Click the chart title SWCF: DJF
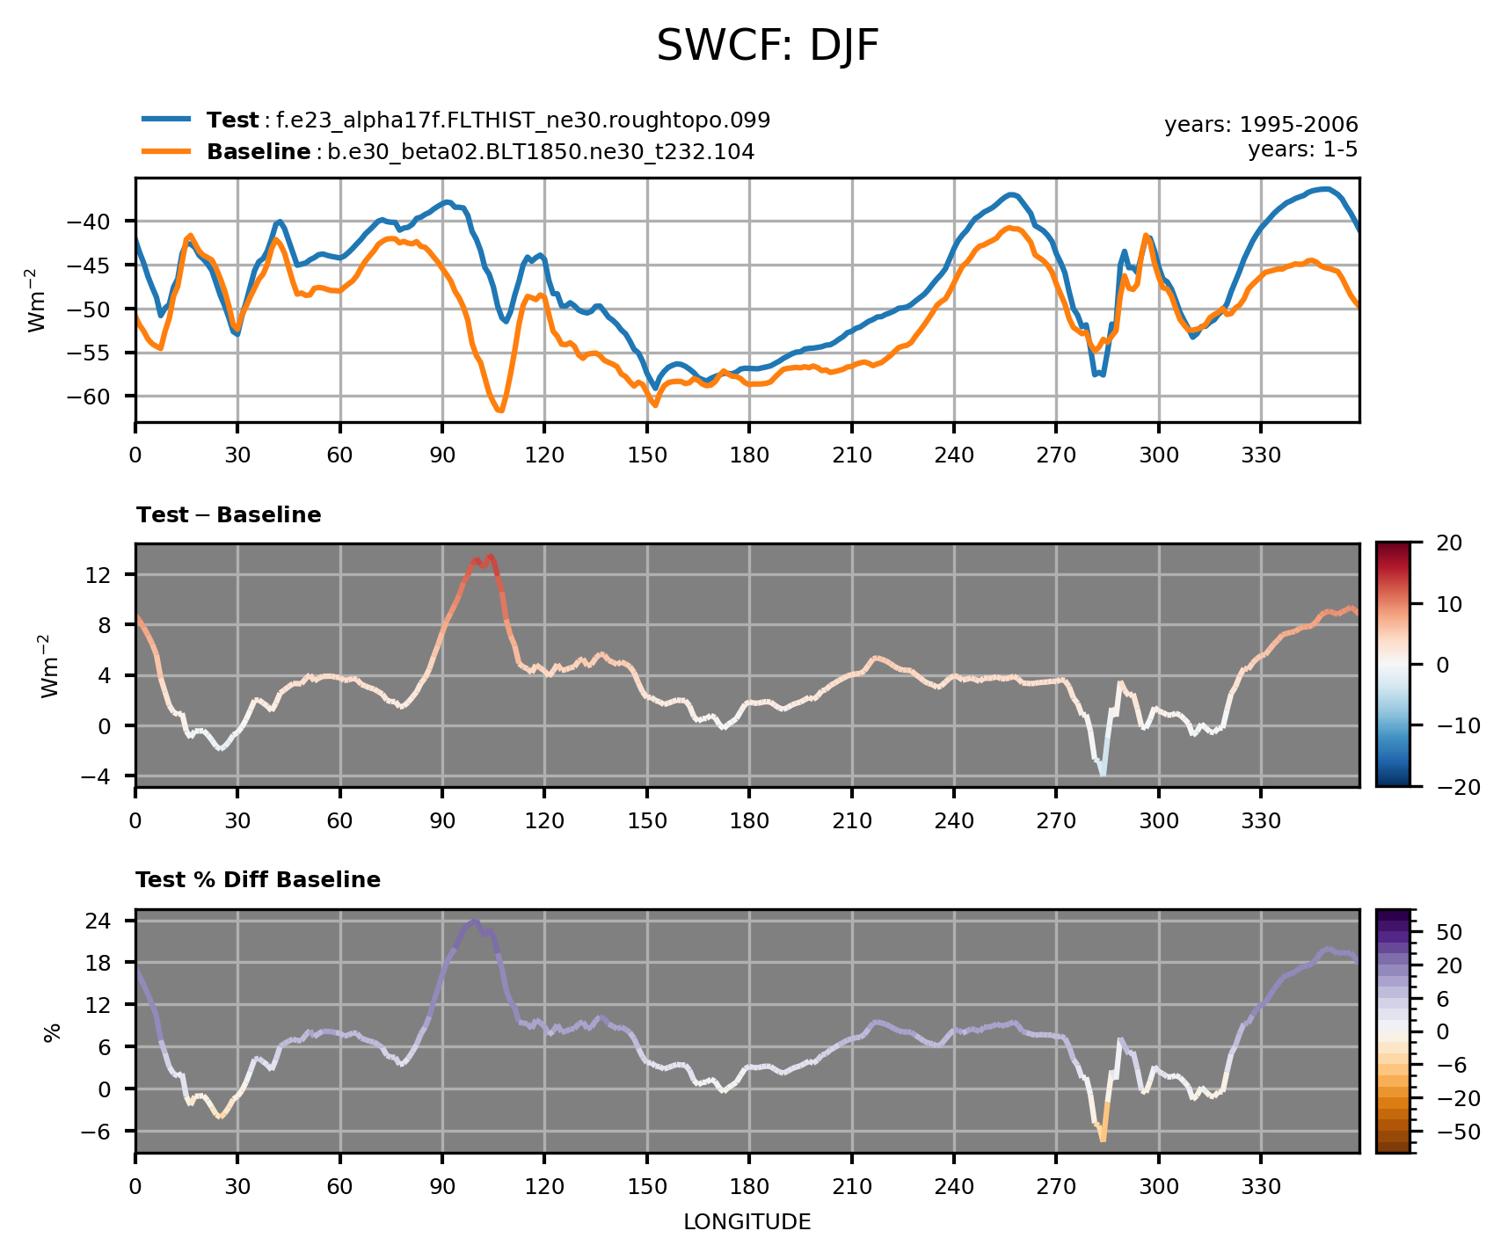pos(768,47)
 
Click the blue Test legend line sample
pos(166,120)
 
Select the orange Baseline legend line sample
pos(166,151)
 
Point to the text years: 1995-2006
pos(1261,125)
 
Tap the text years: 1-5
pos(1302,149)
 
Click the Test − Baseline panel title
pos(229,515)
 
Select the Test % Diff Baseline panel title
pos(258,880)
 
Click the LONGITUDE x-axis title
pos(747,1222)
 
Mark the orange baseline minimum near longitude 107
pos(499,411)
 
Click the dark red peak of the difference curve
pos(490,557)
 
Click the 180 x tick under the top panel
pos(748,455)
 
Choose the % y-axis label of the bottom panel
pos(52,1031)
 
